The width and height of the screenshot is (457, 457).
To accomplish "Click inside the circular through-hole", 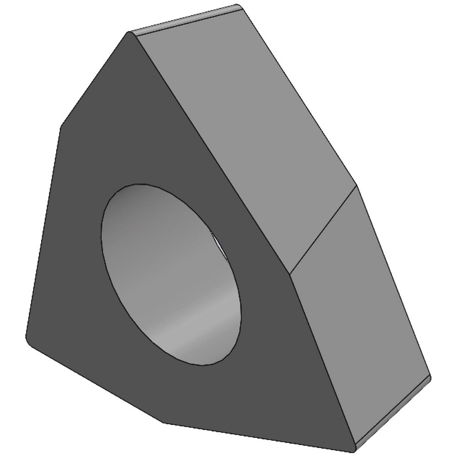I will pos(171,274).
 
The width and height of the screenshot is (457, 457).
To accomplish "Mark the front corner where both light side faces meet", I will pos(290,274).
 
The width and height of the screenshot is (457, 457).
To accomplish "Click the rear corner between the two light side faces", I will pos(356,185).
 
